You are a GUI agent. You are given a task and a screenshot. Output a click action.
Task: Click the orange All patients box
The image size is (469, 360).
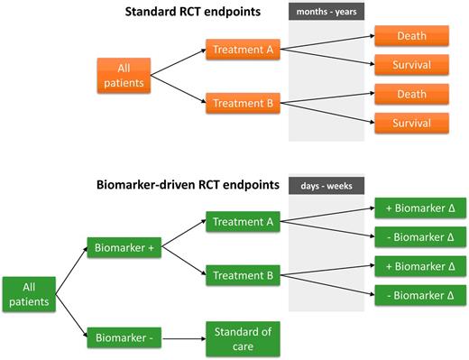[124, 75]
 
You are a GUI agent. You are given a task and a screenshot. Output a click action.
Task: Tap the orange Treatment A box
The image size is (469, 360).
[242, 50]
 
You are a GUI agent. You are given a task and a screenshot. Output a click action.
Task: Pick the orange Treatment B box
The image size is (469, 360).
[242, 102]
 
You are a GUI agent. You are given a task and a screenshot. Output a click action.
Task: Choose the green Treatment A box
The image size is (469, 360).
[242, 223]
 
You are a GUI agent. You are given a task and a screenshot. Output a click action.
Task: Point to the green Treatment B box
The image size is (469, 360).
[242, 274]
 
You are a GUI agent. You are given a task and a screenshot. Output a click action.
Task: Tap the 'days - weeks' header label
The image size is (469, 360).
[326, 186]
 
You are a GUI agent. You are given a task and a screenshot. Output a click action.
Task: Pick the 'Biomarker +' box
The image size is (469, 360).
[123, 248]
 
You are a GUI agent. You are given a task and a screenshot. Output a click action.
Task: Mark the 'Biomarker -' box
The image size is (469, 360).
[123, 339]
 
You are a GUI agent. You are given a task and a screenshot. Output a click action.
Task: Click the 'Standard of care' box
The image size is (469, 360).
[242, 338]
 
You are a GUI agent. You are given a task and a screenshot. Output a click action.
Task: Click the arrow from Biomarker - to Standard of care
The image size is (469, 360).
[179, 339]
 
